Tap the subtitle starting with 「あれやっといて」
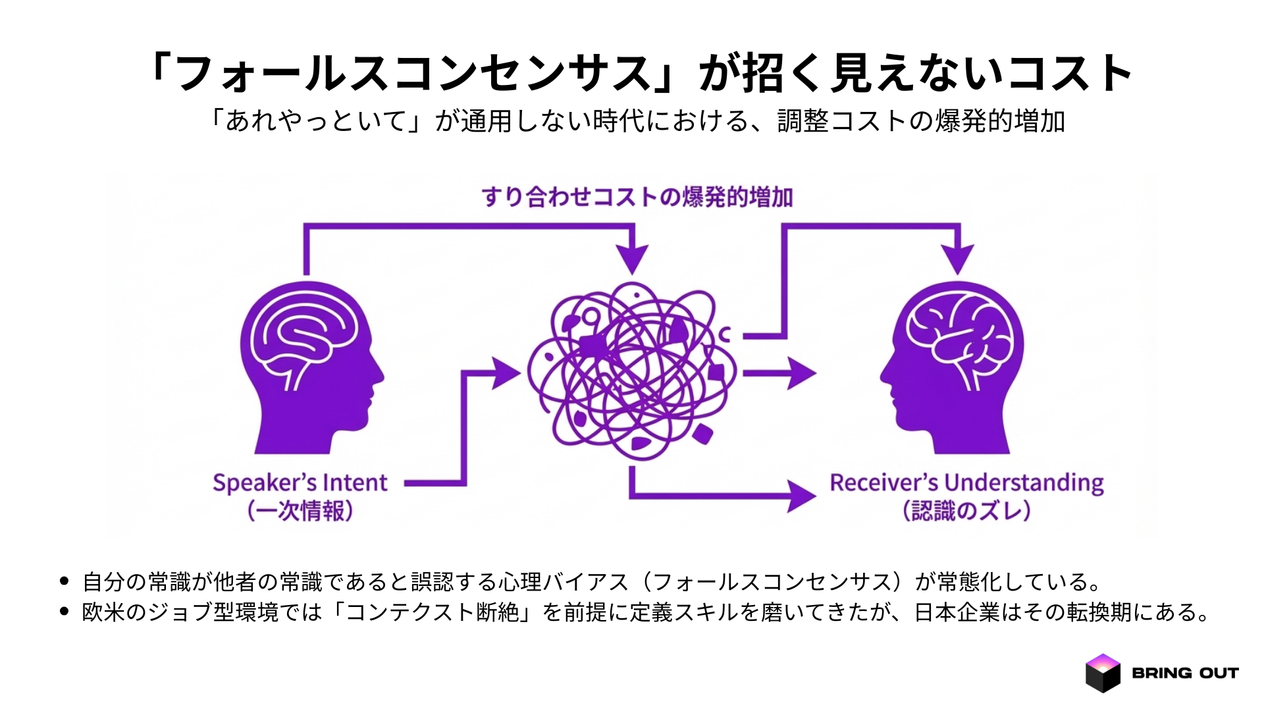[x=636, y=121]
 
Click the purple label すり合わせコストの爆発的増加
[x=637, y=197]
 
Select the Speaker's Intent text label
[x=300, y=483]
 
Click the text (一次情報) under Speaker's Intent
[x=300, y=511]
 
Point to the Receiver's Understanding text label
[x=966, y=483]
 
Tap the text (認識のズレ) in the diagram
[x=966, y=511]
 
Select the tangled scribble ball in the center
[x=632, y=372]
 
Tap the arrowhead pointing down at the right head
[x=957, y=258]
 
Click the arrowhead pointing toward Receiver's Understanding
[x=801, y=496]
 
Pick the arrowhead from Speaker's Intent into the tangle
[x=506, y=373]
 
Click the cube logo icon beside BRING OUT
[x=1103, y=673]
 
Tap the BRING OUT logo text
[x=1185, y=673]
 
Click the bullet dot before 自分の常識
[x=64, y=581]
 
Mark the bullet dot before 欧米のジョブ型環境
[x=64, y=612]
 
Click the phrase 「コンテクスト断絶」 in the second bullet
[x=432, y=612]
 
